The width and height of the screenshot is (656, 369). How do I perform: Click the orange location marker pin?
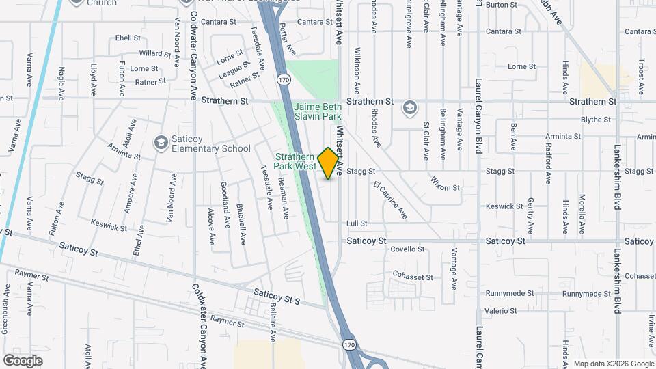point(329,163)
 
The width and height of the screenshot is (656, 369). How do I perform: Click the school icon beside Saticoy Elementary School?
point(161,142)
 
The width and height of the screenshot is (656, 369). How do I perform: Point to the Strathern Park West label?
point(295,161)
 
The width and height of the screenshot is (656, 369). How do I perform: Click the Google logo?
point(23,360)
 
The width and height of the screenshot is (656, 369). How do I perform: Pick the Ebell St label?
point(128,38)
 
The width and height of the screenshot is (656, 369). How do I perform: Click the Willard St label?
point(154,53)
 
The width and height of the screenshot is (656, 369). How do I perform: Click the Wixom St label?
point(446,183)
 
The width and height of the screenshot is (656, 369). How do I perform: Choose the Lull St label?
point(357,223)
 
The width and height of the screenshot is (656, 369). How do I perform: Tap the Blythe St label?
point(595,120)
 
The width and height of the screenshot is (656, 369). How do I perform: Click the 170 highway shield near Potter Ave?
point(282,80)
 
